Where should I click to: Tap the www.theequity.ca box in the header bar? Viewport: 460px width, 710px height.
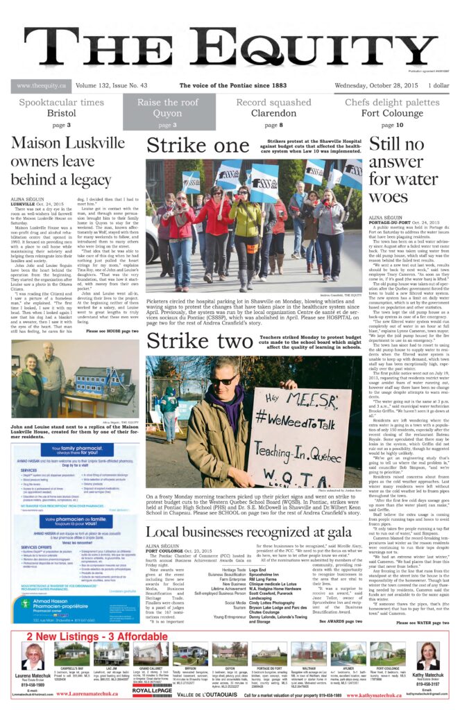click(41, 86)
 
